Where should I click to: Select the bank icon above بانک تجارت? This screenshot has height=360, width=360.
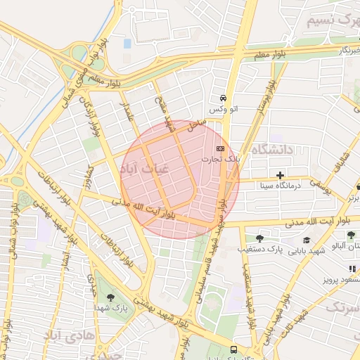(220, 149)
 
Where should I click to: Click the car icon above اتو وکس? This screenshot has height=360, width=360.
(222, 98)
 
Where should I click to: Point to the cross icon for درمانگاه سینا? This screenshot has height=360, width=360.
(280, 175)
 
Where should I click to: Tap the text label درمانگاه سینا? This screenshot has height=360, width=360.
(280, 186)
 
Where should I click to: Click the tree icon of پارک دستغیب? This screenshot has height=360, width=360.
(259, 239)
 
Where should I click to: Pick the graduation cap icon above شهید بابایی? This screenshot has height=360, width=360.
(306, 240)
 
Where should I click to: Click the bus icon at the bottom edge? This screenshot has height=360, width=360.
(233, 349)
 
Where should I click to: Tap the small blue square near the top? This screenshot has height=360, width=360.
(127, 44)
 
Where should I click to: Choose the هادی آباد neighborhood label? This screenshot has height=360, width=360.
(68, 334)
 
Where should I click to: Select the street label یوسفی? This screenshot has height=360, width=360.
(320, 184)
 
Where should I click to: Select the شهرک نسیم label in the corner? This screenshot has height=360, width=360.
(333, 20)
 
